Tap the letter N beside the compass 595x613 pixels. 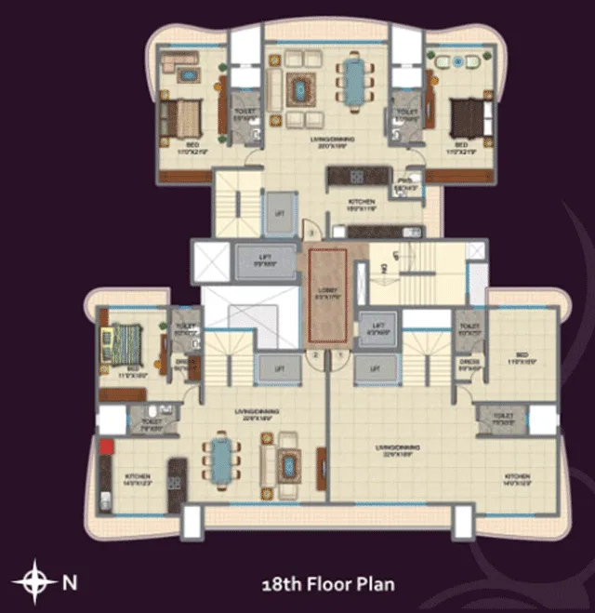tap(70, 583)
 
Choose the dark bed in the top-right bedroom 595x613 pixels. tap(465, 118)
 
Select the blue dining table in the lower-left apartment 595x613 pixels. tap(221, 459)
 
